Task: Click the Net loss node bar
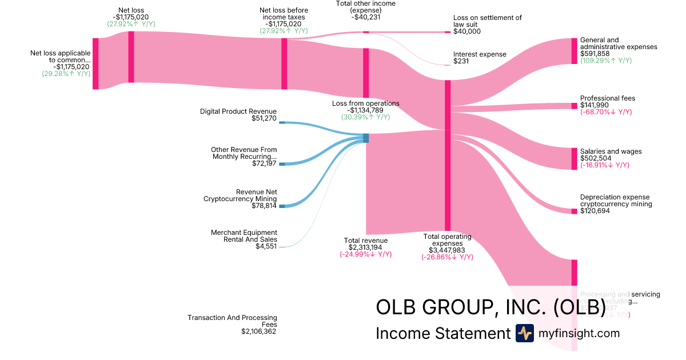[131, 57]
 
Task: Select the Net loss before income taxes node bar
[284, 63]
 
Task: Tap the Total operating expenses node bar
[448, 155]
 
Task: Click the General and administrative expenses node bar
[575, 51]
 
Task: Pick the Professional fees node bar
[575, 106]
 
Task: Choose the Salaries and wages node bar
[575, 158]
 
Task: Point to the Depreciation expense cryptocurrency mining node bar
[575, 211]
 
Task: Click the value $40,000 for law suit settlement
[467, 31]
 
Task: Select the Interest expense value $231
[461, 61]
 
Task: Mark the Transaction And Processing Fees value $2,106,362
[259, 331]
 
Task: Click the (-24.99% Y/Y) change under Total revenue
[365, 254]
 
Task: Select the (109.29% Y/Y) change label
[606, 61]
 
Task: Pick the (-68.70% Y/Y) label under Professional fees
[606, 112]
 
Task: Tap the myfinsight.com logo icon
[524, 333]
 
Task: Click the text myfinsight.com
[579, 333]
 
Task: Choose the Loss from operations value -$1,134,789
[365, 110]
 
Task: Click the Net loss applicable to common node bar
[95, 63]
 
